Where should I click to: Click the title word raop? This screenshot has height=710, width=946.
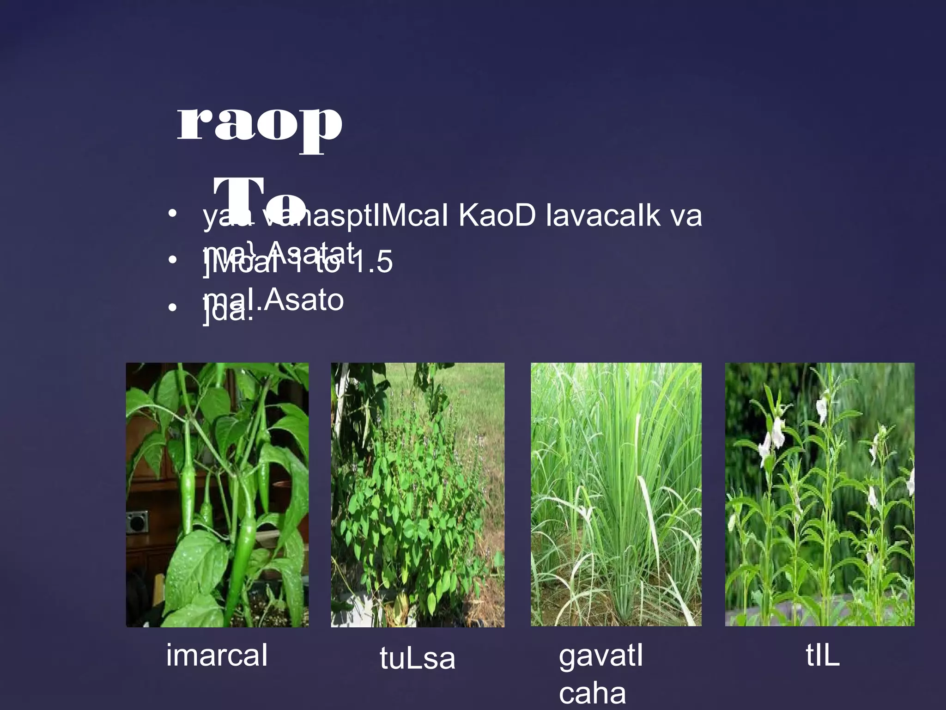(260, 124)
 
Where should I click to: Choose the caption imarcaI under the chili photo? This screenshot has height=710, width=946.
(217, 655)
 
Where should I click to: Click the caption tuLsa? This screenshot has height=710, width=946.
(417, 658)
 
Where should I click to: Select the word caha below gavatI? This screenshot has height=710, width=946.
(592, 694)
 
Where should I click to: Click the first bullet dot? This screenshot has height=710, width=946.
(172, 214)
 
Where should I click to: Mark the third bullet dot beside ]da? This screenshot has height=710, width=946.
(172, 307)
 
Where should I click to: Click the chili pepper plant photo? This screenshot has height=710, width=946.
(217, 495)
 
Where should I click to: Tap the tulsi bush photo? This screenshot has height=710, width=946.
(418, 495)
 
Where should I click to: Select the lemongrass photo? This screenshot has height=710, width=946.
(616, 495)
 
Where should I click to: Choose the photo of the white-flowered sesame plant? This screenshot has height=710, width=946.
(819, 495)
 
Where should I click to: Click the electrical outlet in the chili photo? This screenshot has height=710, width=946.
(137, 522)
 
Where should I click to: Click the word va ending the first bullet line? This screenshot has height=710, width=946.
(686, 216)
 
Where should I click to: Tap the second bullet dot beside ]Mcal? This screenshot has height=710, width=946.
(172, 260)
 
